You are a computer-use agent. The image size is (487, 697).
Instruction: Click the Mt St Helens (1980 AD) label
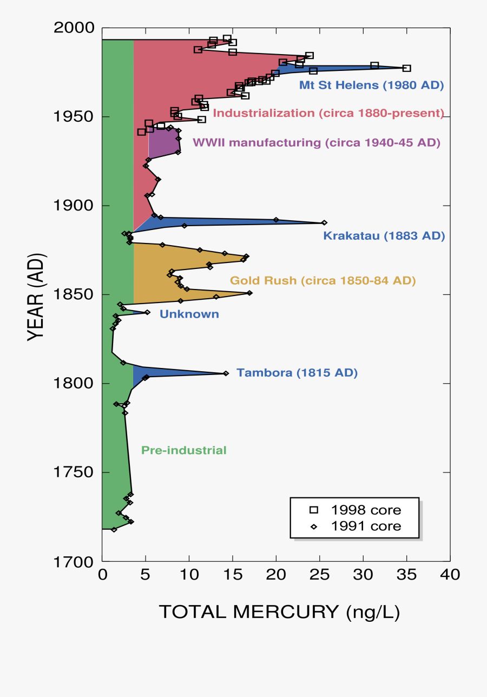(371, 85)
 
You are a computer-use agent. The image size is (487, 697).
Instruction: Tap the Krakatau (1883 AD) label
(384, 236)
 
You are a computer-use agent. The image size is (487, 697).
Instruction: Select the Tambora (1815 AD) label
(297, 373)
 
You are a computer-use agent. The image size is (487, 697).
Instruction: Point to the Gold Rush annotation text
(323, 280)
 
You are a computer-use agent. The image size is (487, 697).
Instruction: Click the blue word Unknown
(189, 314)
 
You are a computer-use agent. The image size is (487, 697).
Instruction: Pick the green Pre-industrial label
(183, 450)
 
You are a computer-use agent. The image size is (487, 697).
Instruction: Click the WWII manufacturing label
(316, 143)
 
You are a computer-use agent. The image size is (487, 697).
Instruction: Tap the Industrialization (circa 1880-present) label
(328, 113)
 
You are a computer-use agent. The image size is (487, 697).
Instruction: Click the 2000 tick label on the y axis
(74, 28)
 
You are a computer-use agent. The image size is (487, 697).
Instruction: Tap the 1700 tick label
(75, 561)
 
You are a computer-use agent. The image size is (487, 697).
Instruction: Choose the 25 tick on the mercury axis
(319, 574)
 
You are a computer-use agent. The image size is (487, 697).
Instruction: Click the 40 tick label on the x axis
(450, 574)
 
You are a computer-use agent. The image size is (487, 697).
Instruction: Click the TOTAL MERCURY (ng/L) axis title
(279, 612)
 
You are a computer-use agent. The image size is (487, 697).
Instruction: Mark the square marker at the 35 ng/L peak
(407, 68)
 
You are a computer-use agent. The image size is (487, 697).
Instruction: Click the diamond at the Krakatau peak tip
(324, 222)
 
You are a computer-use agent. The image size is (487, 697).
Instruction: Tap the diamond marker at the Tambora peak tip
(226, 373)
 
